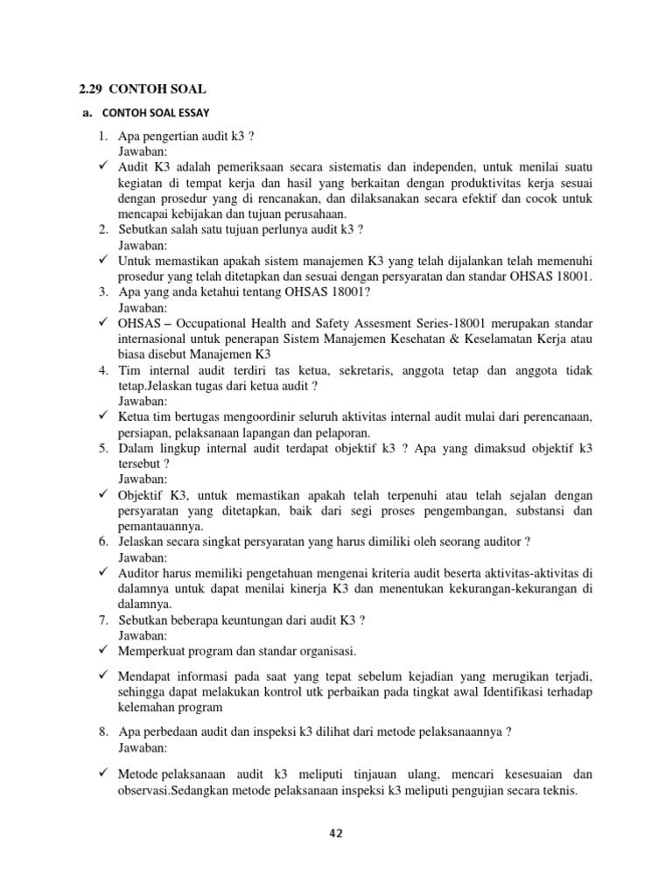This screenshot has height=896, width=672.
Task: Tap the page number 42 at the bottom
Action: [336, 834]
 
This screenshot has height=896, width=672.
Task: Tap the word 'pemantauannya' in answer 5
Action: [161, 526]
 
